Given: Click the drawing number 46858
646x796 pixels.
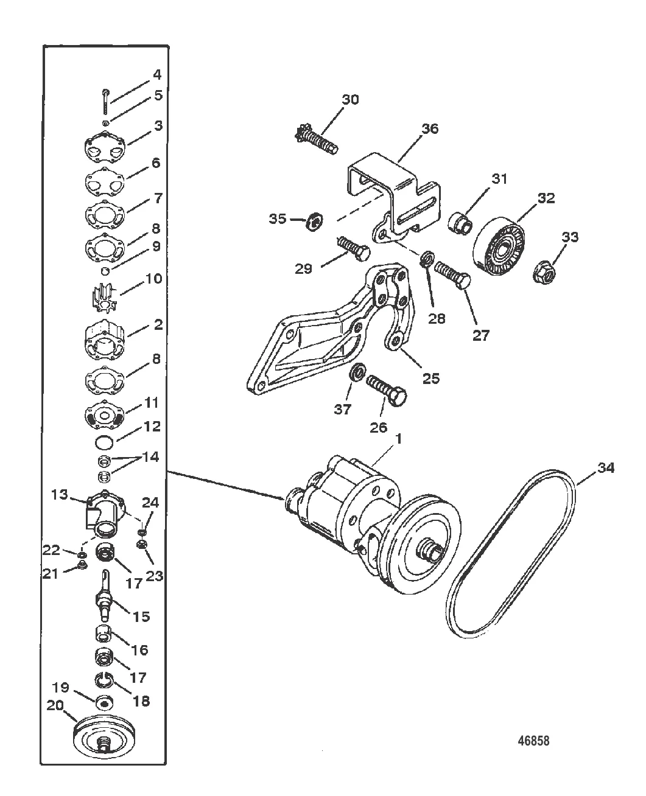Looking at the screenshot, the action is point(533,741).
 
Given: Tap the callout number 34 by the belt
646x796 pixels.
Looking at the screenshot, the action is point(606,467).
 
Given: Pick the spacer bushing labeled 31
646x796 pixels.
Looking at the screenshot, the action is point(460,223).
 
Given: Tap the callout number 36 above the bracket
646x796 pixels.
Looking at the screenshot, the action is point(429,128).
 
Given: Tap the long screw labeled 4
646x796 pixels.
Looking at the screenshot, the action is point(106,102).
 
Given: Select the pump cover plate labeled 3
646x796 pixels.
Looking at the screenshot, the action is point(105,148).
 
